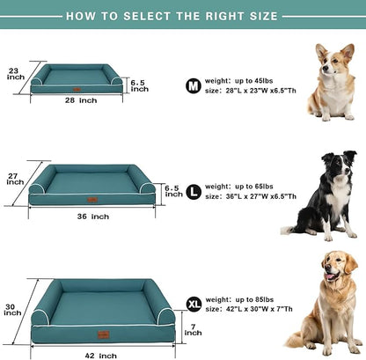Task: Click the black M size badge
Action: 193,84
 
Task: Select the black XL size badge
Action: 194,304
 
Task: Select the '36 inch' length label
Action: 92,216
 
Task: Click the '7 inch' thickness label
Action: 193,329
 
